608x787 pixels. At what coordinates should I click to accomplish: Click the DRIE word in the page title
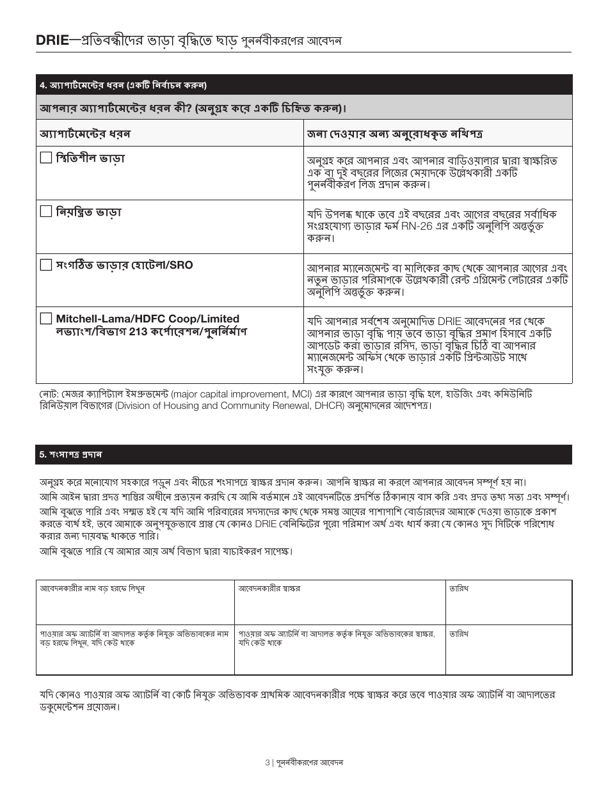51,41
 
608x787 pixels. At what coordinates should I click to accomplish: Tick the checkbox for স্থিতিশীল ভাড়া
45,157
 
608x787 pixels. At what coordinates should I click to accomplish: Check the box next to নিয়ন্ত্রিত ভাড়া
45,211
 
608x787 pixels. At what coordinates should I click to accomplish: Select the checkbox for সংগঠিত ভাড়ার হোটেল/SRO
45,265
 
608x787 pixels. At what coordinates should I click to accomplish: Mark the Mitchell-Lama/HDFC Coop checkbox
45,319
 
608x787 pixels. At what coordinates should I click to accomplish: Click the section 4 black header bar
304,84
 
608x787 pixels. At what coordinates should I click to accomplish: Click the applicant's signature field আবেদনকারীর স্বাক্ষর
340,605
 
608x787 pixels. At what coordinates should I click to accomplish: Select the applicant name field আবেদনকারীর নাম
135,605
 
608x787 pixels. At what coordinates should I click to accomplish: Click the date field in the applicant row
508,605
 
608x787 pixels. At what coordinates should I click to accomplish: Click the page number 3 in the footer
268,763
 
